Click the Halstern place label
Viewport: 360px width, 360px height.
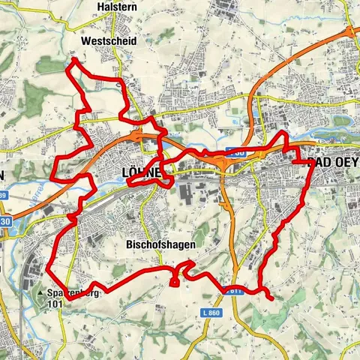point(116,6)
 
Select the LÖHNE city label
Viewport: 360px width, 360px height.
point(141,173)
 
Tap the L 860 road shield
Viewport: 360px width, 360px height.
point(212,310)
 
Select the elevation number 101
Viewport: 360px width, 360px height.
point(54,304)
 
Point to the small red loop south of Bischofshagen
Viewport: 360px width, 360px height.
point(175,280)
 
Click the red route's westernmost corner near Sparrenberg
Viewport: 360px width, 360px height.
point(49,267)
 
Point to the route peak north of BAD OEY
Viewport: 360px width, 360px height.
point(282,133)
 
